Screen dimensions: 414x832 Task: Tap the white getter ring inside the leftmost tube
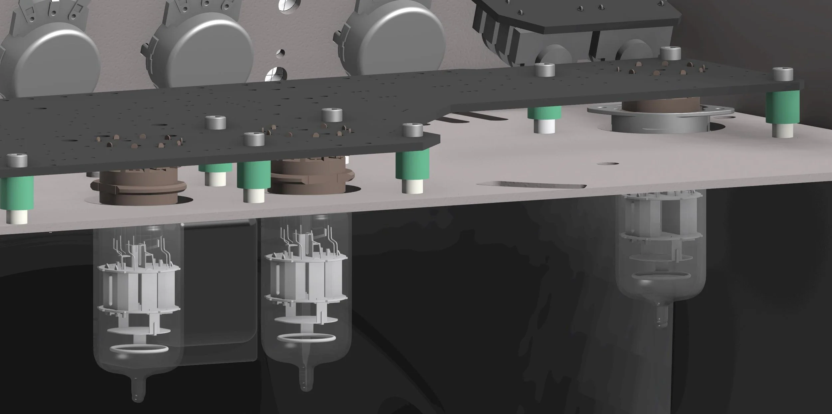[x=139, y=349]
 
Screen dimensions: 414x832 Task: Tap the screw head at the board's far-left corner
[x=17, y=161]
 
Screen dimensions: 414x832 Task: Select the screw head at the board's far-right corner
[x=783, y=74]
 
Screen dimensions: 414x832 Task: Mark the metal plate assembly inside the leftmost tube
[x=139, y=286]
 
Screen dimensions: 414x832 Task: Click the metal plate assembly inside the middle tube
[x=306, y=276]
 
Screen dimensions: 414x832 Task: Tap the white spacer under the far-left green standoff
[x=17, y=216]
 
